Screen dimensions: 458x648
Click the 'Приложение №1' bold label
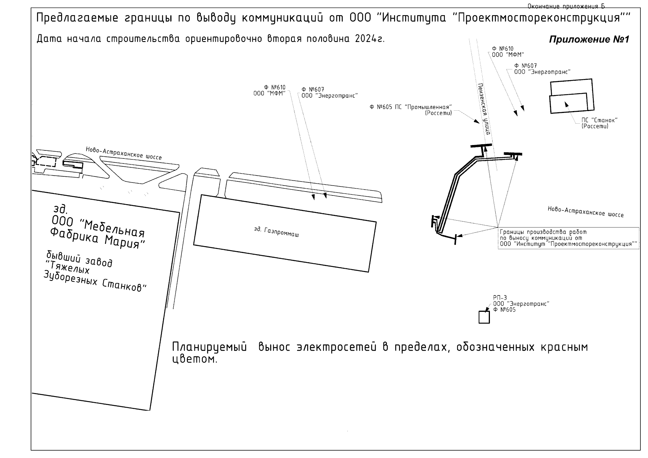point(588,40)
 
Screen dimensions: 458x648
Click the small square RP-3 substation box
point(484,317)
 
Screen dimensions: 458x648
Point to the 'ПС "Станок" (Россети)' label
point(599,123)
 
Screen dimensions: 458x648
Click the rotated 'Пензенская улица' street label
point(484,109)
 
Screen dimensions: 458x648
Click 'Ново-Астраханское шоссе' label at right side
point(585,212)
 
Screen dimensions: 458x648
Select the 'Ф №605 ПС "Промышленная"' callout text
point(411,107)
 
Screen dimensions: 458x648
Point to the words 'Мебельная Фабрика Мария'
point(97,232)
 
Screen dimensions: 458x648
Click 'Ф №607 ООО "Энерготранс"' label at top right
point(542,69)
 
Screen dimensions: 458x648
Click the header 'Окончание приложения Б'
point(566,6)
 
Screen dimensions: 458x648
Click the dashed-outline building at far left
point(45,163)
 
